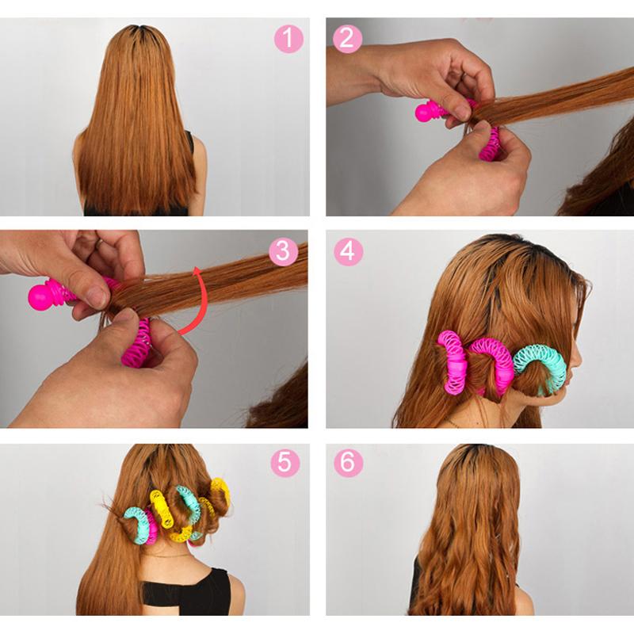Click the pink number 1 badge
[x=289, y=38]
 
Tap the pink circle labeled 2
[x=347, y=38]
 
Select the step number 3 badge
[x=284, y=251]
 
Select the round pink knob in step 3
[x=44, y=295]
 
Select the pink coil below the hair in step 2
[x=491, y=144]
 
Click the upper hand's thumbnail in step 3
[x=96, y=297]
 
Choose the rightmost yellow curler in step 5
[x=220, y=493]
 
